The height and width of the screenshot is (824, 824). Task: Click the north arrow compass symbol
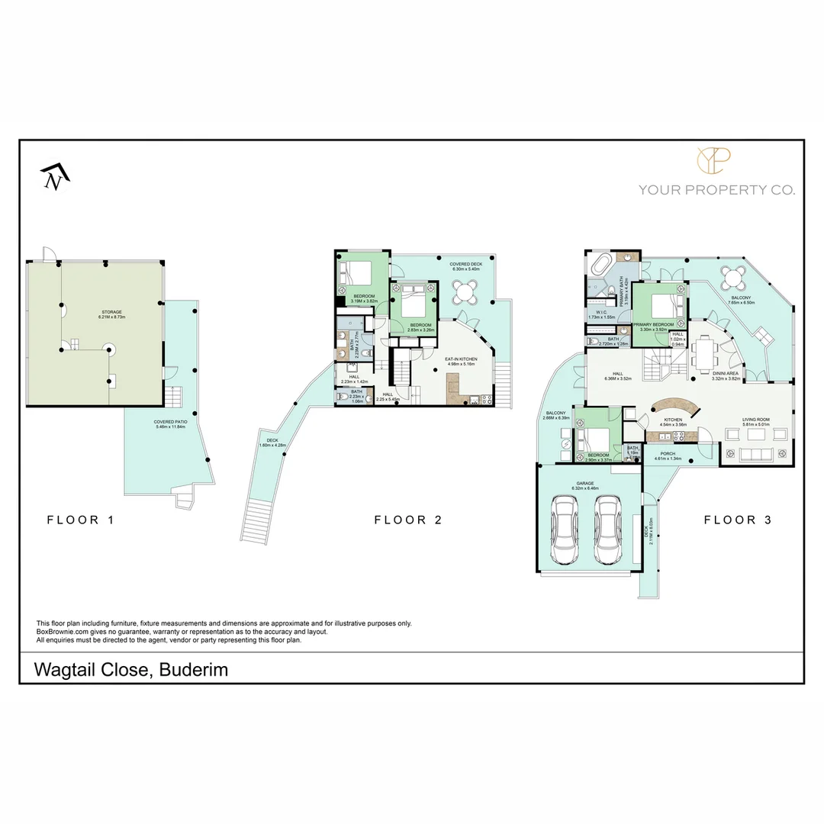point(56,176)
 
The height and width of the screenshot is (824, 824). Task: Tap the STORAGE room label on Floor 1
point(112,312)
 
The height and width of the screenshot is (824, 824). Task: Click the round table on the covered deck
point(465,291)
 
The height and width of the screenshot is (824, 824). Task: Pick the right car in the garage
point(608,530)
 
